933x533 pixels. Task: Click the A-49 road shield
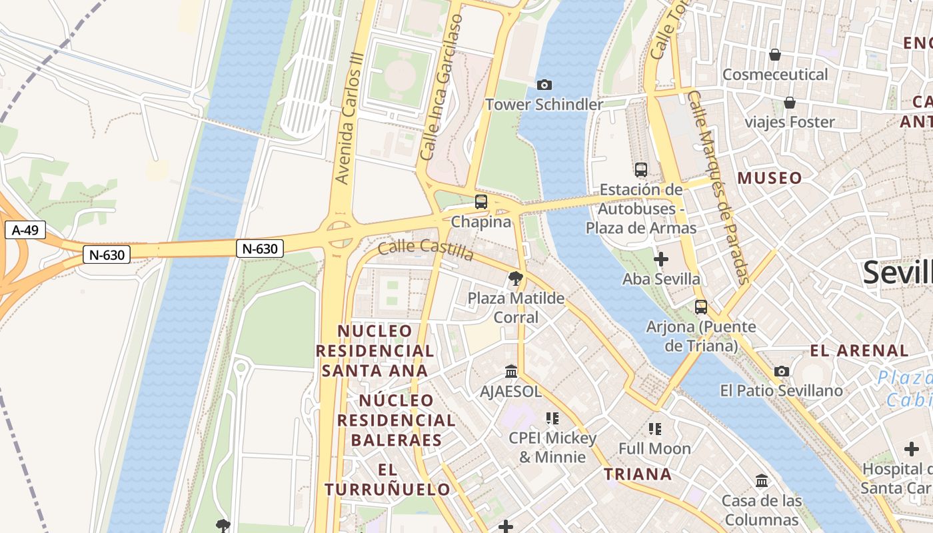click(25, 231)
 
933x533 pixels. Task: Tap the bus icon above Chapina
click(481, 202)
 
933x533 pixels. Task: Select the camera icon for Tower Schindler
click(544, 85)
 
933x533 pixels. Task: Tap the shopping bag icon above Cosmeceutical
click(774, 54)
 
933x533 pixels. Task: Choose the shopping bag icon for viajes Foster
click(790, 103)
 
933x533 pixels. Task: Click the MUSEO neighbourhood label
click(770, 178)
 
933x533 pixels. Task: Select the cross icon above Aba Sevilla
click(661, 259)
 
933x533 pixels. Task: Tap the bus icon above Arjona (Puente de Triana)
click(701, 307)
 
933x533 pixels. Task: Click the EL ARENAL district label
click(859, 350)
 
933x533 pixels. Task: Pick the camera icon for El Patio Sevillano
click(782, 371)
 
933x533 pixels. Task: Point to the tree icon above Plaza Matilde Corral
click(515, 278)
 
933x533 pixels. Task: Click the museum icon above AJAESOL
click(511, 371)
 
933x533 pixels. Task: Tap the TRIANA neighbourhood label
click(638, 474)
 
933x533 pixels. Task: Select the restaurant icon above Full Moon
click(655, 428)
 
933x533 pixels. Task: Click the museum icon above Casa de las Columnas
click(762, 480)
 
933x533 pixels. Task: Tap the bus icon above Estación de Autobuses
click(641, 170)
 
